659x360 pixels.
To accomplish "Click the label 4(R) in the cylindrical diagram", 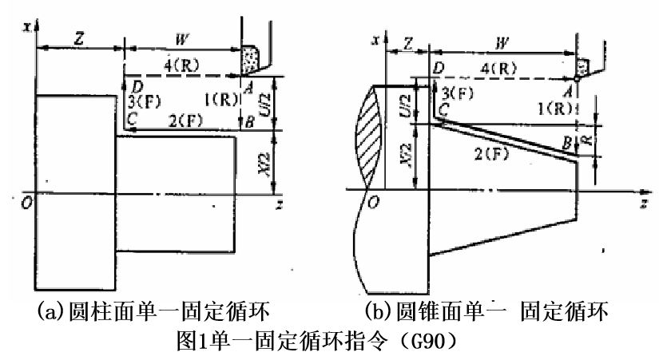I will point(183,63).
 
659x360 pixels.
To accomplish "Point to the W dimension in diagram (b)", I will point(502,42).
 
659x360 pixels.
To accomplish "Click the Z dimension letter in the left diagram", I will point(78,37).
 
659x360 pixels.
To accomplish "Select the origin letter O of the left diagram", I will point(27,203).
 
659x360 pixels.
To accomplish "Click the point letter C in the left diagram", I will point(132,119).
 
